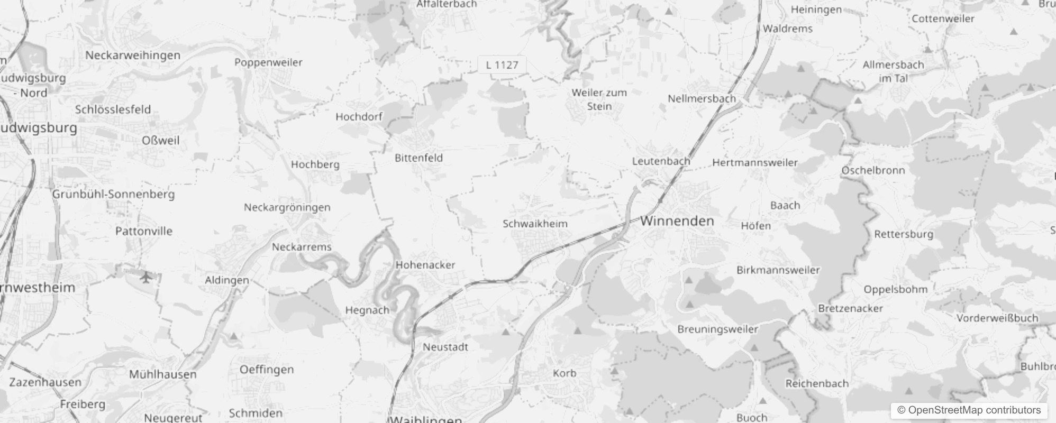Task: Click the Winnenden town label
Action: coord(677,221)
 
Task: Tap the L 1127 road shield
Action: coord(502,65)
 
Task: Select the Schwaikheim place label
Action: coord(535,224)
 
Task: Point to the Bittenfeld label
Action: coord(418,158)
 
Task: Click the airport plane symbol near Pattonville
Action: coord(146,276)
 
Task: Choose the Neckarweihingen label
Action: coord(133,55)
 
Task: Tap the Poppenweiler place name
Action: coord(268,62)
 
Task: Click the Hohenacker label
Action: coord(425,265)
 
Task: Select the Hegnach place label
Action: coord(367,310)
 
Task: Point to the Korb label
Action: coord(565,373)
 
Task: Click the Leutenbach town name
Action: coord(661,161)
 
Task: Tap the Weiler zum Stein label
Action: coord(599,99)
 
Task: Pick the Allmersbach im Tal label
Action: coord(893,71)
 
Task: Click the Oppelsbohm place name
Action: coord(895,289)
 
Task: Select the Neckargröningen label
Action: coord(287,207)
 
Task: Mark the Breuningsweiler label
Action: coord(718,329)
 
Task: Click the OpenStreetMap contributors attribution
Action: coord(969,410)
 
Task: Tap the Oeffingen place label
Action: coord(267,370)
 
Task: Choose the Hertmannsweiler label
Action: coord(755,163)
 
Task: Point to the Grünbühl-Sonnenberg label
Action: coord(113,194)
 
